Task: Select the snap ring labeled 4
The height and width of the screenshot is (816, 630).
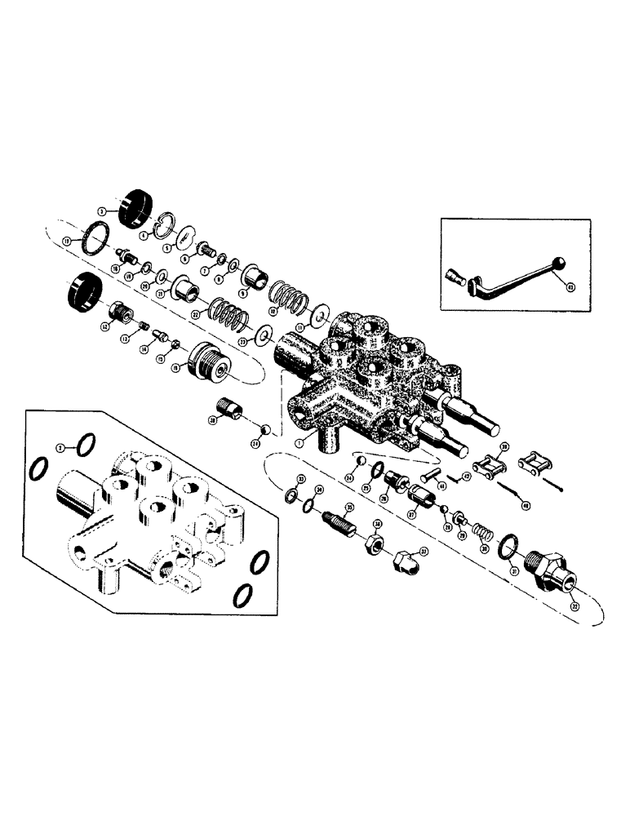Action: [166, 224]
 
